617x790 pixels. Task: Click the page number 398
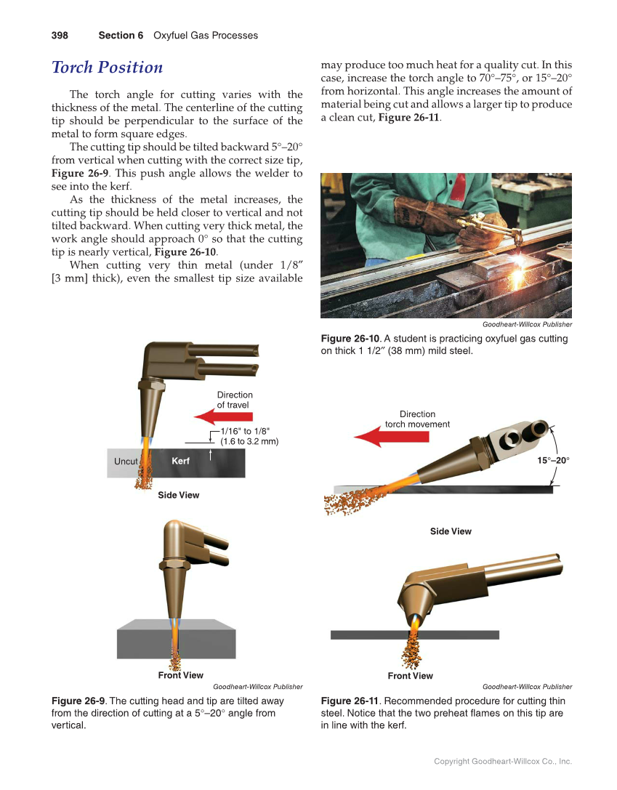pos(60,36)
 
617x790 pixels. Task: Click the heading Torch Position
pos(108,68)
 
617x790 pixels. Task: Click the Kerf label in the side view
pos(180,461)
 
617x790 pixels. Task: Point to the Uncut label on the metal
pos(126,461)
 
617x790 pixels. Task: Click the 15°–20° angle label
pos(554,460)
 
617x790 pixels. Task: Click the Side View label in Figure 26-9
pos(179,495)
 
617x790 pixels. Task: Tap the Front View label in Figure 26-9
pos(181,675)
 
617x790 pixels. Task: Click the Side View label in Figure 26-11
pos(451,531)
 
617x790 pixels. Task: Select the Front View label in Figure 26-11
pos(410,676)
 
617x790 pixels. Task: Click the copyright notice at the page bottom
pos(503,762)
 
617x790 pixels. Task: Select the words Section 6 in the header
pos(121,36)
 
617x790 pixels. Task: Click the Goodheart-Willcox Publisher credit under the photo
pos(527,324)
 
